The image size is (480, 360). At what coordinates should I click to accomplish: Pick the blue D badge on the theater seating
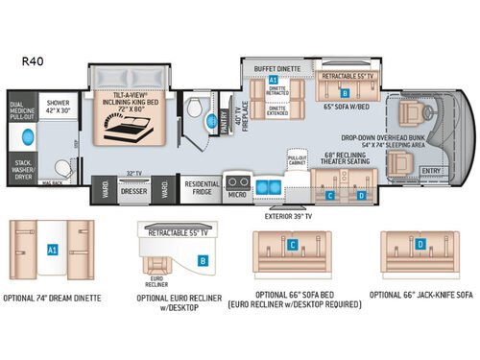pyautogui.click(x=361, y=196)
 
